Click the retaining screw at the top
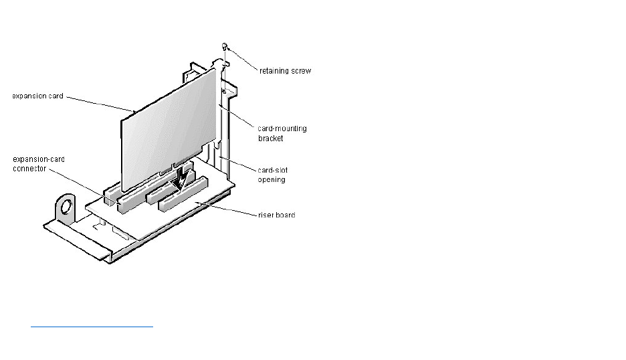pos(226,47)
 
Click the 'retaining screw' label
pos(286,70)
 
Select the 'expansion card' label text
pos(37,96)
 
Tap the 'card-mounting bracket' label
pos(282,133)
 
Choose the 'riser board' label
pos(276,215)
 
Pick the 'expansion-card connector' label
pos(39,163)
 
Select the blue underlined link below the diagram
pos(92,327)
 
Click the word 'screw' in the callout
pos(300,70)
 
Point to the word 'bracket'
pos(270,138)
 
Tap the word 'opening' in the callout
pos(272,179)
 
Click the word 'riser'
pos(266,215)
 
